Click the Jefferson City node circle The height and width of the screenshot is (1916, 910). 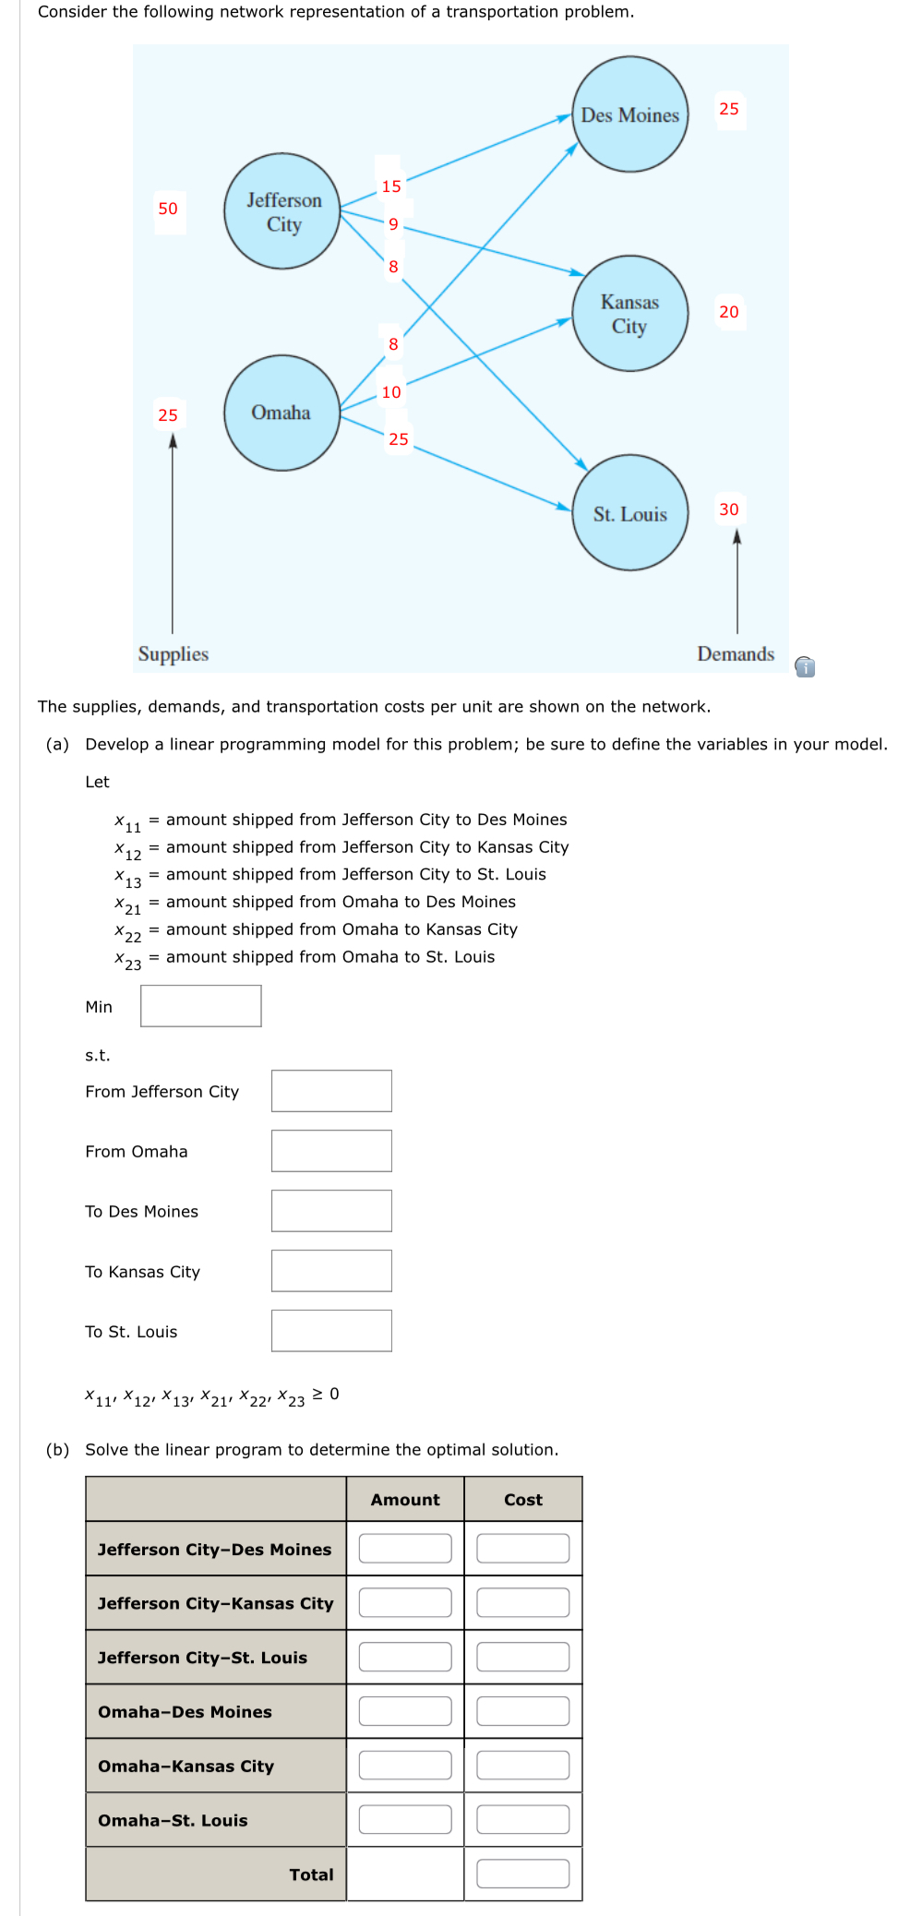[281, 211]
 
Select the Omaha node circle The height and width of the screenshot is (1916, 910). [281, 413]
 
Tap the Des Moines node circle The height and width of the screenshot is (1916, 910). [629, 114]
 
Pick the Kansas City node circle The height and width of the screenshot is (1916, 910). [629, 314]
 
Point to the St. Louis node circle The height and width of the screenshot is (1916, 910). [629, 513]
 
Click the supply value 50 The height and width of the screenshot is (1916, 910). [168, 209]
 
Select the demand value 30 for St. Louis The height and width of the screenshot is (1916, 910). [729, 509]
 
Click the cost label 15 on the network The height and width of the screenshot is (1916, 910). [391, 186]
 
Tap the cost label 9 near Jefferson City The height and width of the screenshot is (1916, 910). [393, 224]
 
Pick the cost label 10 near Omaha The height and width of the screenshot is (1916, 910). [391, 392]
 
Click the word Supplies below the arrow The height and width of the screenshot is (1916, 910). [174, 654]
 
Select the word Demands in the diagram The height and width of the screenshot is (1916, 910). [736, 654]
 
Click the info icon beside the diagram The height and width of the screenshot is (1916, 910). [805, 666]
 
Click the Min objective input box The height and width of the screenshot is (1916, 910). [201, 1006]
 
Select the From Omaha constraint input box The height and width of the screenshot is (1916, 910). [331, 1151]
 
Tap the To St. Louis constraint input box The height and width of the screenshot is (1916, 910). [331, 1331]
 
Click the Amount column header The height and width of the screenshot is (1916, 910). [405, 1500]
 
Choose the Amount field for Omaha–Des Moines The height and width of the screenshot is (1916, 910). [405, 1711]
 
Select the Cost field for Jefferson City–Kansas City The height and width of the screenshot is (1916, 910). [522, 1602]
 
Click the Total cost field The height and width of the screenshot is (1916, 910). [522, 1874]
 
